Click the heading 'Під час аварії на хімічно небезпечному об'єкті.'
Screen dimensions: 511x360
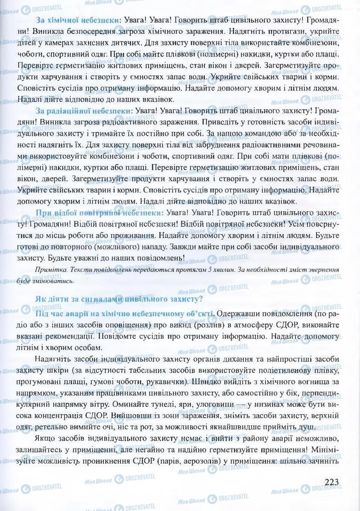[x=125, y=313]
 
